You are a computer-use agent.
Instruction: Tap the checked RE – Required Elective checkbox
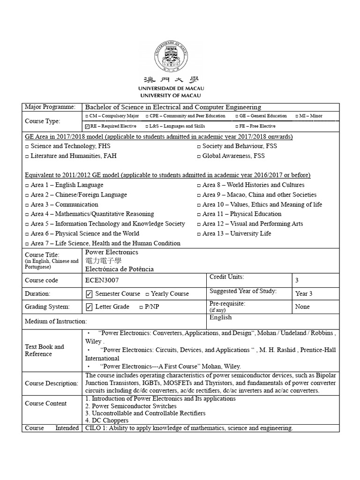[87, 126]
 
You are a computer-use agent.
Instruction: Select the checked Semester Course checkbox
[89, 294]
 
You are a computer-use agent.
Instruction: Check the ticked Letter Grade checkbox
[89, 307]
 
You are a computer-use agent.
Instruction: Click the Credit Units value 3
[297, 280]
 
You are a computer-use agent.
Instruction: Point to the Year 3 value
[304, 293]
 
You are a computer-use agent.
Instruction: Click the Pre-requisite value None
[303, 307]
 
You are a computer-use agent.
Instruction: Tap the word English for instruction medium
[220, 317]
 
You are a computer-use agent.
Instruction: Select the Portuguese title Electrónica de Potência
[119, 269]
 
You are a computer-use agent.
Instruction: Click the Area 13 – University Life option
[236, 233]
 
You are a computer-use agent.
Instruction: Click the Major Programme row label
[50, 107]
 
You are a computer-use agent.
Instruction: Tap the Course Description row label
[51, 383]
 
